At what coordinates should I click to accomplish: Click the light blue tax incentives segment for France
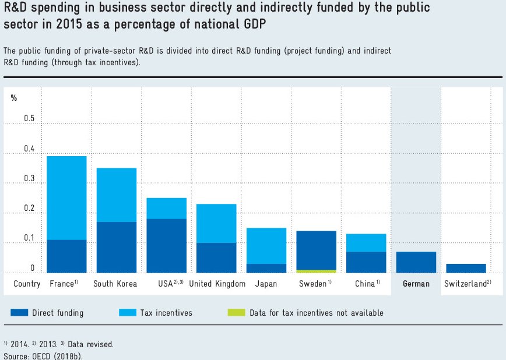click(x=66, y=197)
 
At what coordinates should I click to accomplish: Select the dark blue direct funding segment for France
click(x=66, y=256)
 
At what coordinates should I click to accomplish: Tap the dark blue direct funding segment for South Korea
click(x=117, y=247)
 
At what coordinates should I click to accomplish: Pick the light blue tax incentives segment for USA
click(x=166, y=208)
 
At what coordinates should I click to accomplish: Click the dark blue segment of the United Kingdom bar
click(x=216, y=257)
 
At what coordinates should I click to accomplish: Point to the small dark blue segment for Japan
click(x=266, y=268)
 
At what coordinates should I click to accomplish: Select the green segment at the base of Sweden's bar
click(x=316, y=271)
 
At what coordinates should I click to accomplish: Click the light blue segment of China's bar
click(x=366, y=242)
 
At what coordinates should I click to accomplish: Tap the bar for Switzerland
click(x=466, y=268)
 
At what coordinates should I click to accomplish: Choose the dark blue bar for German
click(x=416, y=262)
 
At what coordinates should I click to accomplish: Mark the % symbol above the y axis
click(x=14, y=97)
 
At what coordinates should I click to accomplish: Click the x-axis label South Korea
click(x=115, y=284)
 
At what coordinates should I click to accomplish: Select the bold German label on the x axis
click(x=416, y=284)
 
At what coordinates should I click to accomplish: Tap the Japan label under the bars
click(x=266, y=284)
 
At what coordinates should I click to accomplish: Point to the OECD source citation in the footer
click(x=43, y=355)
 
